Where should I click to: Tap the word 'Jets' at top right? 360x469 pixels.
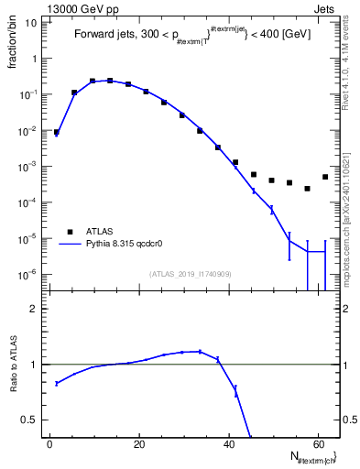point(325,7)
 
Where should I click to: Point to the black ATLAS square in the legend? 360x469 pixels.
point(68,232)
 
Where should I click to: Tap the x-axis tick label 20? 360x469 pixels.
point(138,445)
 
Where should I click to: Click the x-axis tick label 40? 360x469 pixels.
point(228,445)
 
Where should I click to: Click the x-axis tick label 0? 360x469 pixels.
point(49,445)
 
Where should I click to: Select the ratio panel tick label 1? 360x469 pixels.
point(34,365)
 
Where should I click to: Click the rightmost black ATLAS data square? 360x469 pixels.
point(325,177)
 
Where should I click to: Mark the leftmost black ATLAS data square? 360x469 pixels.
point(57,132)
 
